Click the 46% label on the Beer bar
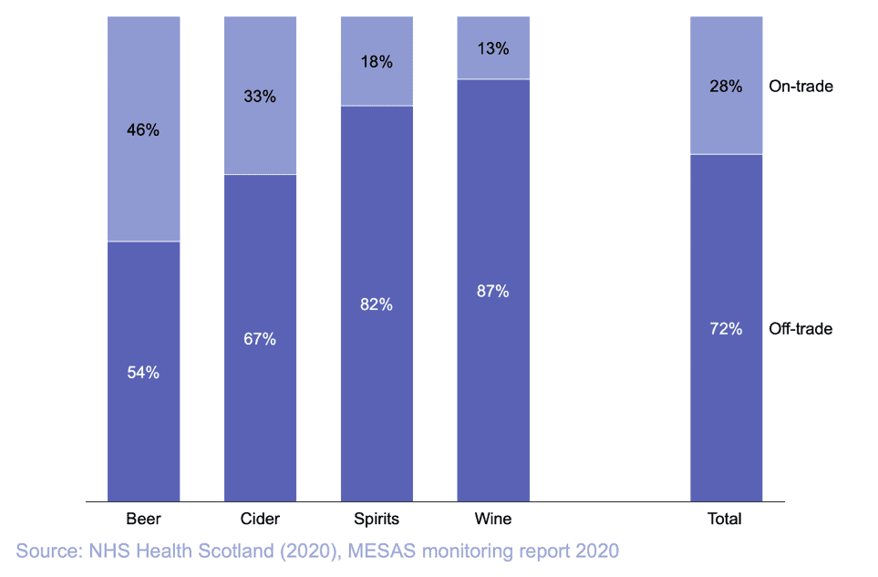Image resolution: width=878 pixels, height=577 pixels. tap(143, 129)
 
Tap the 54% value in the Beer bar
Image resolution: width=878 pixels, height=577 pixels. tap(143, 372)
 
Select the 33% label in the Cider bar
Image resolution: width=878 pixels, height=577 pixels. tap(260, 96)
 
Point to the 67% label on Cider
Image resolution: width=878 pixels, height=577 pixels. tap(260, 339)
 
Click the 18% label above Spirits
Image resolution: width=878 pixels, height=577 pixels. tap(377, 62)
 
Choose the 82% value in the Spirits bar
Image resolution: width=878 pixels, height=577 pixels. tap(377, 304)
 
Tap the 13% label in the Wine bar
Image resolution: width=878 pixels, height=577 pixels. tap(493, 49)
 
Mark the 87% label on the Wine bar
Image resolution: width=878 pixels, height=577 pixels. tap(493, 292)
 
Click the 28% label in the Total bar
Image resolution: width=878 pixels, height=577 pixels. tap(726, 87)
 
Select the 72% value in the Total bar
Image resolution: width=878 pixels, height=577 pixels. tap(726, 328)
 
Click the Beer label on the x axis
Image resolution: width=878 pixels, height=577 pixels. tap(143, 520)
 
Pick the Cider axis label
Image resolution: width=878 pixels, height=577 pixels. tap(260, 520)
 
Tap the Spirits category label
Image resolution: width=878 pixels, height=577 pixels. tap(377, 520)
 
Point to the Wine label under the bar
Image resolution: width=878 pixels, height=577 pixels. tap(493, 520)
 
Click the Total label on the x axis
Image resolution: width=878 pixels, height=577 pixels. tap(725, 520)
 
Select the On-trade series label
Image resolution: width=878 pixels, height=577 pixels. tap(801, 87)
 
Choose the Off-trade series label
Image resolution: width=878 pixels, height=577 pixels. tap(801, 328)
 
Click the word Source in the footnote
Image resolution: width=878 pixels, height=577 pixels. tap(46, 551)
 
